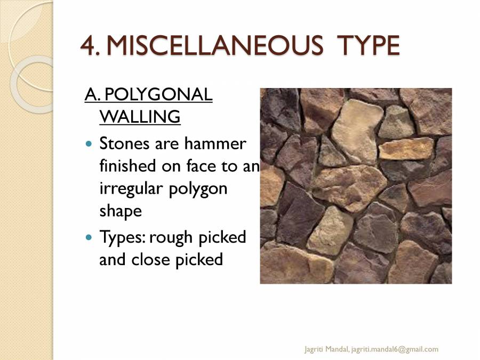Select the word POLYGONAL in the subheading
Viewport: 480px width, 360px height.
[158, 95]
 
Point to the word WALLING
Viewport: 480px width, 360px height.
[140, 116]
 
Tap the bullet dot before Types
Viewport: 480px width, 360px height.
[89, 237]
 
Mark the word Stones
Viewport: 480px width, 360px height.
[125, 144]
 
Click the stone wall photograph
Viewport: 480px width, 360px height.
[356, 186]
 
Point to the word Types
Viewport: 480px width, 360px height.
[122, 237]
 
